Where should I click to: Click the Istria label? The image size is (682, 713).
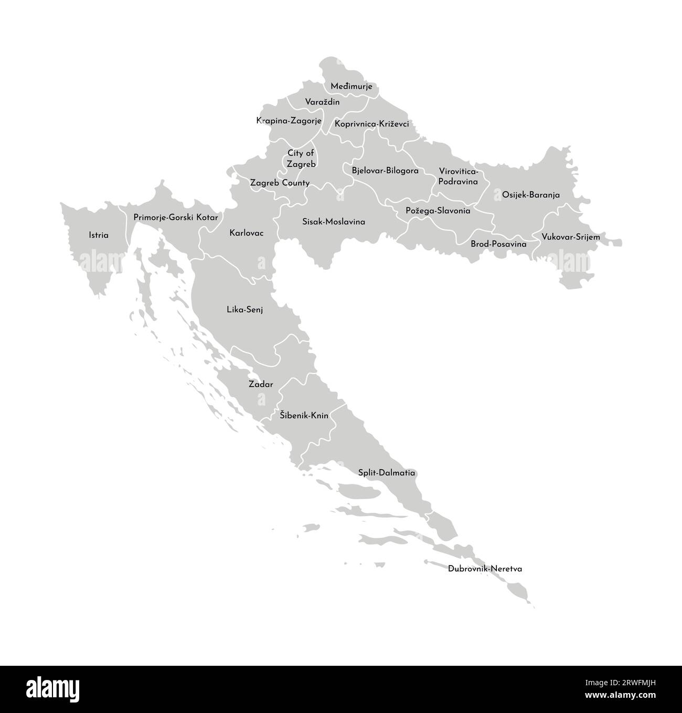tap(99, 236)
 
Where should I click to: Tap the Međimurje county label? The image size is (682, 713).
tap(351, 87)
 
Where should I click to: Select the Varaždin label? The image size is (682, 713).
tap(322, 102)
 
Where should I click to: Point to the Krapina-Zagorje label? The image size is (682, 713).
tap(289, 121)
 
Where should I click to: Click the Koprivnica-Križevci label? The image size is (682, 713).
tap(371, 124)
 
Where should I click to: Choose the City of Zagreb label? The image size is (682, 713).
tap(301, 158)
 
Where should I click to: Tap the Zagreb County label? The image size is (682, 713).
tap(280, 183)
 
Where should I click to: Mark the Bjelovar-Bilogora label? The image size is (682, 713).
tap(385, 171)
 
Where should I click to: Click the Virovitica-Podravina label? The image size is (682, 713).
tap(458, 177)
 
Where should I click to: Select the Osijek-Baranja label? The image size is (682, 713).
tap(531, 195)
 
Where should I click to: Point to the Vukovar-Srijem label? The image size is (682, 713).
tap(571, 237)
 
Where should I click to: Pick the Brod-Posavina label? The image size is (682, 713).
tap(498, 244)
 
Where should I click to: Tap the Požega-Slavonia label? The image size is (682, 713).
tap(438, 211)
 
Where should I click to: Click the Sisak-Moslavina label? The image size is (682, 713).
tap(334, 222)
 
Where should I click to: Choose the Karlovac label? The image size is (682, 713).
tap(247, 232)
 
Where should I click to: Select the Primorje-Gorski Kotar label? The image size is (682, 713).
tap(176, 217)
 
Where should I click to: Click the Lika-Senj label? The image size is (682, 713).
tap(244, 310)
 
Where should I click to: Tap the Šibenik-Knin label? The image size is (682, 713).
tap(304, 416)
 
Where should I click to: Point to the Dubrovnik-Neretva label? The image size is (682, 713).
tap(485, 568)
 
